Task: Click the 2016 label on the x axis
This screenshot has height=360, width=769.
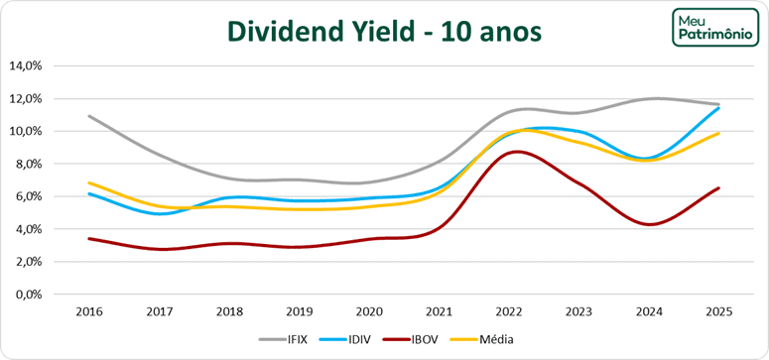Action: click(x=89, y=311)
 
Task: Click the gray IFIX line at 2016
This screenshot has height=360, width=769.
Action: click(x=89, y=116)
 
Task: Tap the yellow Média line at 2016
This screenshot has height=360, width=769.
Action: click(x=89, y=182)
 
